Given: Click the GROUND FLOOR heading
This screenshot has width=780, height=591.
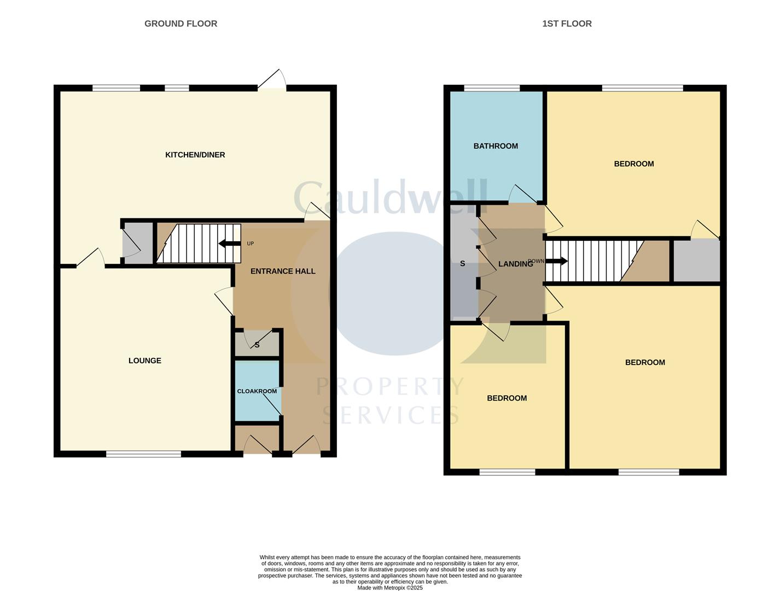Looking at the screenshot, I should [x=181, y=24].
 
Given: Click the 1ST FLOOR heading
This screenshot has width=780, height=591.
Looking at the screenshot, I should [x=567, y=24].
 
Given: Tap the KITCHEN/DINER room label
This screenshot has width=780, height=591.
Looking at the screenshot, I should [x=195, y=155].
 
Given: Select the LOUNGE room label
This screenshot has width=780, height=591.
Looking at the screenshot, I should [x=144, y=361].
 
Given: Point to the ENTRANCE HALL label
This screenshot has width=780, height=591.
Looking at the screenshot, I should [x=282, y=271].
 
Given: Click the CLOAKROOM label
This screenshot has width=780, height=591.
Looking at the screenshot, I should [x=257, y=391].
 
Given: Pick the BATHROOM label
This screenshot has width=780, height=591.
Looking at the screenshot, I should [x=495, y=146].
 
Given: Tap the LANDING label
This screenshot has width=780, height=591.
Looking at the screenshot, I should [x=515, y=264].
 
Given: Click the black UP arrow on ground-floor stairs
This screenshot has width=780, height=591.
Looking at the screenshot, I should [x=229, y=244].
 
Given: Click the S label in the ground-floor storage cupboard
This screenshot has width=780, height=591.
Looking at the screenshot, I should [x=257, y=345].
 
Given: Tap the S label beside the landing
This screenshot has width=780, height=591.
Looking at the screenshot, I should [x=462, y=264].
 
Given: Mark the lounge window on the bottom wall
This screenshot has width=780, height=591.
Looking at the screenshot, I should [x=143, y=454].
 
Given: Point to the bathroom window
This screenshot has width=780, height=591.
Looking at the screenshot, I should [x=492, y=88].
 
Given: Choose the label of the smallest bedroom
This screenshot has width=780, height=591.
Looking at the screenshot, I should [x=507, y=398].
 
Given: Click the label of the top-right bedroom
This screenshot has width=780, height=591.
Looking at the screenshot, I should [x=633, y=164].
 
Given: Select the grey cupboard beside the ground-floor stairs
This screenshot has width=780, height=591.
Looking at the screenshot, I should [x=138, y=244].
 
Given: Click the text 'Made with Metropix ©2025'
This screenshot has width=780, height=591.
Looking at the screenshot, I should [x=389, y=588].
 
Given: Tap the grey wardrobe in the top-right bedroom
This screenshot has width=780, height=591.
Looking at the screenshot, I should [x=696, y=260].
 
